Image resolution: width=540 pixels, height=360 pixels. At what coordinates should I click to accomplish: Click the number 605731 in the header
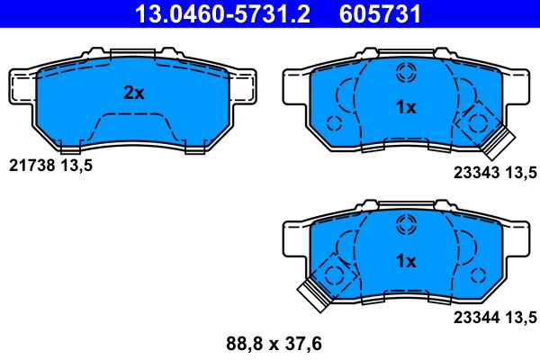380,14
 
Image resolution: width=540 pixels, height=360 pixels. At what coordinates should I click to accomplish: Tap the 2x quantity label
133,93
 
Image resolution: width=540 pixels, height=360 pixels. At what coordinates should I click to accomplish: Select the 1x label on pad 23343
406,107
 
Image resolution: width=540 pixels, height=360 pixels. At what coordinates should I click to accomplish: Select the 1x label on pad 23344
406,261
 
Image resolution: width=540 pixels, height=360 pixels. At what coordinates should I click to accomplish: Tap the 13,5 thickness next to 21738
76,166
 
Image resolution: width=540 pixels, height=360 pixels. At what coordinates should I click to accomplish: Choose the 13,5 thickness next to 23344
520,316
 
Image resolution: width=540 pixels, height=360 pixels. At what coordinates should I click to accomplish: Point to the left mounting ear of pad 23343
296,87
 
